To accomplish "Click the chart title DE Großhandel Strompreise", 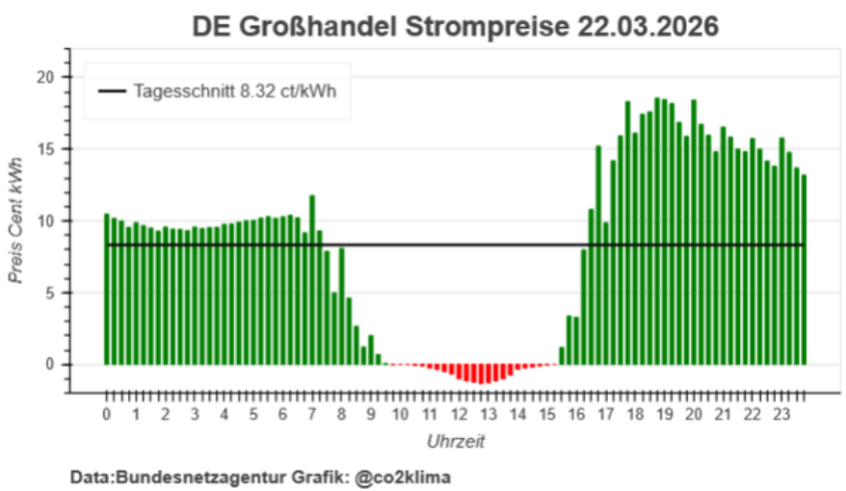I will pyautogui.click(x=382, y=26).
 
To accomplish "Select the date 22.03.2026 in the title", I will pyautogui.click(x=649, y=26).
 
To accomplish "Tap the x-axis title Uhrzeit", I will pyautogui.click(x=456, y=442).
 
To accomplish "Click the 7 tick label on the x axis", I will pyautogui.click(x=312, y=415).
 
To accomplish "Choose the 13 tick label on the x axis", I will pyautogui.click(x=489, y=415).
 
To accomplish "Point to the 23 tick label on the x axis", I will pyautogui.click(x=782, y=415).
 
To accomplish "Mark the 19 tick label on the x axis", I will pyautogui.click(x=665, y=415).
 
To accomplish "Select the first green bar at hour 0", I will pyautogui.click(x=107, y=289).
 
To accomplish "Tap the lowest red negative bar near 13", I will pyautogui.click(x=482, y=375).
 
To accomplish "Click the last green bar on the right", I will pyautogui.click(x=804, y=270).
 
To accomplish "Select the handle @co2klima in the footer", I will pyautogui.click(x=404, y=477).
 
